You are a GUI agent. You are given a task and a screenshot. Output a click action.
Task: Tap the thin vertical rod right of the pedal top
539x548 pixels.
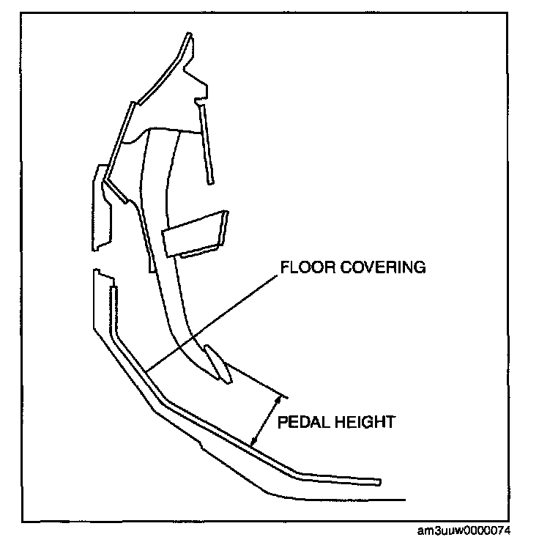click(207, 143)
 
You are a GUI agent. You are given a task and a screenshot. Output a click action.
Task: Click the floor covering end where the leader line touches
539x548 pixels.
click(146, 370)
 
